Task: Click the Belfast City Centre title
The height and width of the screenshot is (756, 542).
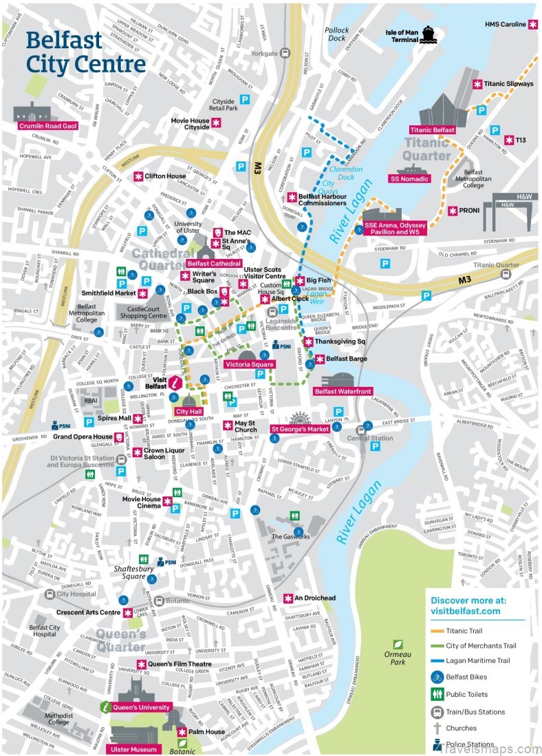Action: point(85,52)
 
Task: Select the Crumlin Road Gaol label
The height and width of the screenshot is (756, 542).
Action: point(47,125)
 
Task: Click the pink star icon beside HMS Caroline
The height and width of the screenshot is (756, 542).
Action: point(533,24)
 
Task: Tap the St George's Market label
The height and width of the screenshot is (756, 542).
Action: point(299,428)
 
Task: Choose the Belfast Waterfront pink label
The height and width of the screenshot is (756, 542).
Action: point(342,391)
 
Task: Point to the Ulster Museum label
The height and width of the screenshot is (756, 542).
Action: point(134,749)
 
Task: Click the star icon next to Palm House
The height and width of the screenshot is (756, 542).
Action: point(182,732)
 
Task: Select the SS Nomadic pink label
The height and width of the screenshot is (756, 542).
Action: point(409,179)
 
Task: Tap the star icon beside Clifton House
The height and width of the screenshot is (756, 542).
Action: point(138,176)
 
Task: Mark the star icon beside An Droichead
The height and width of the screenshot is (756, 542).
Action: point(288,598)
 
